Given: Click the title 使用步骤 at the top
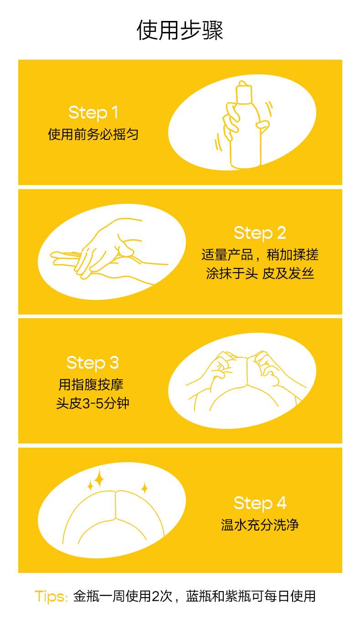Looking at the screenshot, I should pos(180,31).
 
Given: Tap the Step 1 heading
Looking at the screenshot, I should pos(93,112).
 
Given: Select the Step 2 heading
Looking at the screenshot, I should pos(260,232).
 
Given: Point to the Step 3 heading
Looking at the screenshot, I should pos(93,362).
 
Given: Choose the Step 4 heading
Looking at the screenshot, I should pos(260,503).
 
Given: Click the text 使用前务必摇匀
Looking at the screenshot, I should pos(93,134).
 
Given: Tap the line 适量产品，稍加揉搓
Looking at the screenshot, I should pos(260,254).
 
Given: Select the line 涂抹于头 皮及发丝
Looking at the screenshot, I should pos(260,274).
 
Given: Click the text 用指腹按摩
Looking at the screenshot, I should pos(91,385).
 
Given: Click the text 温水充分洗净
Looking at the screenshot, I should pos(260,525).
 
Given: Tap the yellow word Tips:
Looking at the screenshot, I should pos(51,596).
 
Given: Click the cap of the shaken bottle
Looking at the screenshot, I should pos(244,93).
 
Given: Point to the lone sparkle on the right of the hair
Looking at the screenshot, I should pos(144,488).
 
